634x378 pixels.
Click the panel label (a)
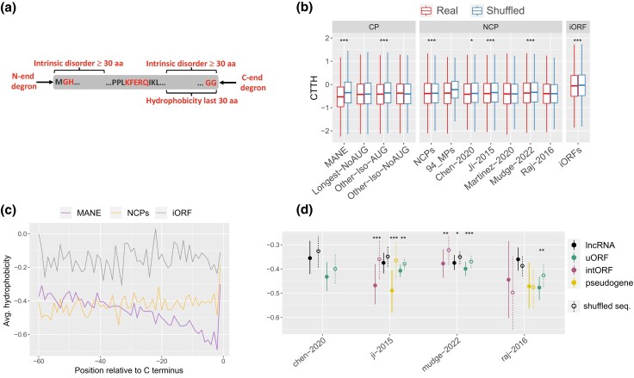tap(9, 8)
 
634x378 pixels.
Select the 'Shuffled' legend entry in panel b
tap(498, 10)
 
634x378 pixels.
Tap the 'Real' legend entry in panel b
tap(439, 10)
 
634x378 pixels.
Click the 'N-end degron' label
tap(23, 81)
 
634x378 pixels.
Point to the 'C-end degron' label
tap(253, 83)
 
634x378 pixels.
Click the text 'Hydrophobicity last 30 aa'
tap(191, 101)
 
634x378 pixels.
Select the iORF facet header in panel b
tap(577, 27)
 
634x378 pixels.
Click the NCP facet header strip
tap(490, 27)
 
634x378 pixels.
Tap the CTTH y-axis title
tap(314, 87)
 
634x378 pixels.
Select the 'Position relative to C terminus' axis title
tap(128, 370)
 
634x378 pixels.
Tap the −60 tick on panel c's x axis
tap(38, 361)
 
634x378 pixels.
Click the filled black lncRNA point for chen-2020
tap(310, 258)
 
